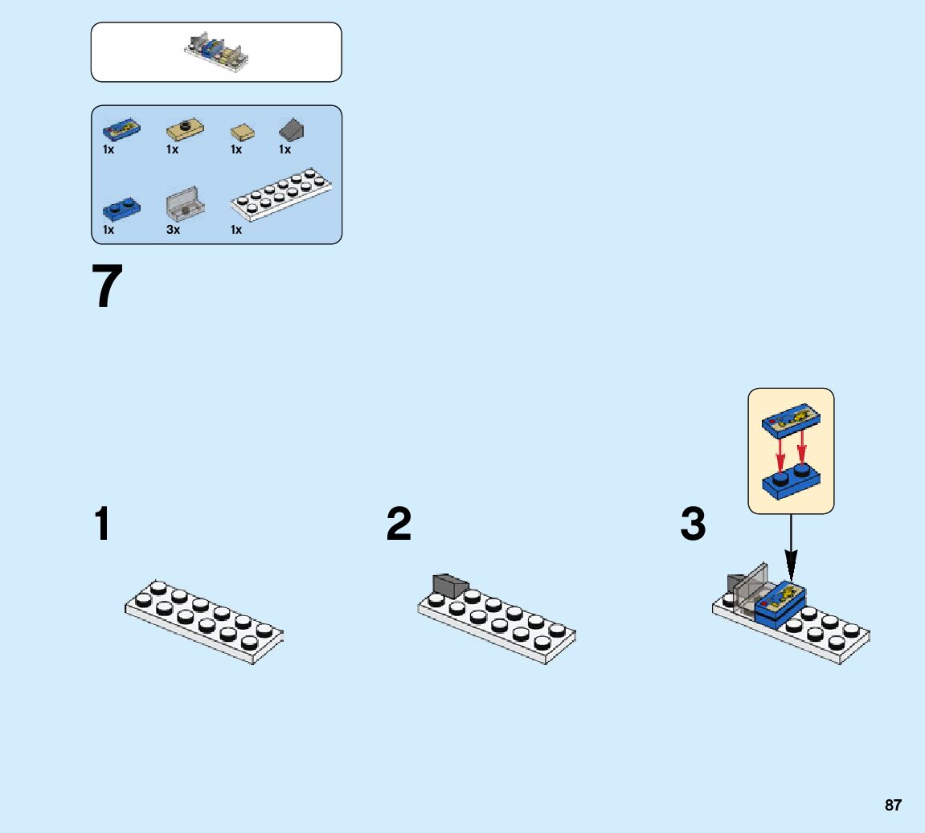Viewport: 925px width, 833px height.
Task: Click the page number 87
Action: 893,805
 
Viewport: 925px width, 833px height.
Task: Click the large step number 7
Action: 108,286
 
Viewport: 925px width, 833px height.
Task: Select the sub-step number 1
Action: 102,523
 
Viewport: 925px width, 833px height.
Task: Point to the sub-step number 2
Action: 399,523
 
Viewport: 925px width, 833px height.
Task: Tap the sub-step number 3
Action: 693,523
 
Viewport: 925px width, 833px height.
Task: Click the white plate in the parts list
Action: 281,194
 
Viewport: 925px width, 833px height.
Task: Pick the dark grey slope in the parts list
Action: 292,129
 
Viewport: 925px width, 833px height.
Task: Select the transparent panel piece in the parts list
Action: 185,203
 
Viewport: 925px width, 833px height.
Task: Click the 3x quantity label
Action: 173,229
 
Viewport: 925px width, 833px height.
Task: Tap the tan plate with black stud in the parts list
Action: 185,129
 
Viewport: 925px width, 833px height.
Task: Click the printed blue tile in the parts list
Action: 121,129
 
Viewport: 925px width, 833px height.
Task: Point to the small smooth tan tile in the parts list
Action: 243,132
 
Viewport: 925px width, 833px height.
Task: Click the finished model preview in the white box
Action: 216,52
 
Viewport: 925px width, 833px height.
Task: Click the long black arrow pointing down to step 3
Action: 791,549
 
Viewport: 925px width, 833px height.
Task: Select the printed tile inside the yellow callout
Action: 791,420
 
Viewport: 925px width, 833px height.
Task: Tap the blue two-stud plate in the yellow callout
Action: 791,481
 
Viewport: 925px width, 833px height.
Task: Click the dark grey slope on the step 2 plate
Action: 450,585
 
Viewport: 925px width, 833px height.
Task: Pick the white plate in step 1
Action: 204,622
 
